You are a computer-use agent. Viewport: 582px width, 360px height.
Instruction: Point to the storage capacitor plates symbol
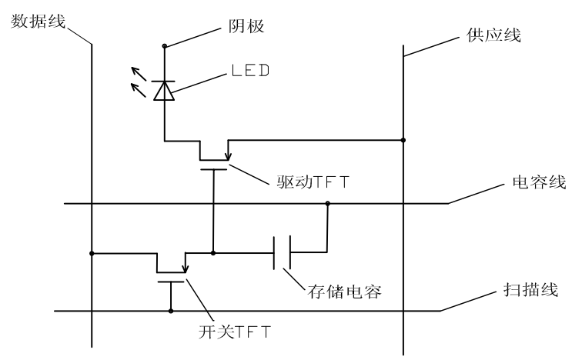point(281,252)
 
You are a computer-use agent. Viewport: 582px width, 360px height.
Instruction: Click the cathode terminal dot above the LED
point(164,47)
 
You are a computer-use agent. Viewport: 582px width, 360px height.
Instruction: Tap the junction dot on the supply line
point(404,141)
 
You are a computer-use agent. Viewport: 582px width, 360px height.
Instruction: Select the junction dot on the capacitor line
point(328,204)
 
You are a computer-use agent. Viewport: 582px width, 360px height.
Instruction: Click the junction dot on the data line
point(92,252)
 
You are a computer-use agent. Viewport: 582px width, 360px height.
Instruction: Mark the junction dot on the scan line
point(170,311)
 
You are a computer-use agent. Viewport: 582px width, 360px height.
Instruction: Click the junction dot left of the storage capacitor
point(213,252)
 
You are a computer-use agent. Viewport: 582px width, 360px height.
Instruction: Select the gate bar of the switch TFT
point(170,282)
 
